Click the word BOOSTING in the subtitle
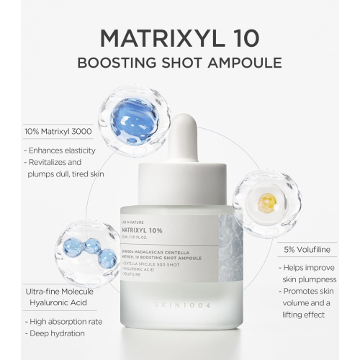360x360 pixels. (118, 62)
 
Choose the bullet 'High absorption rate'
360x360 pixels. (66, 322)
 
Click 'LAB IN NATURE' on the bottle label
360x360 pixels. (144, 222)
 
